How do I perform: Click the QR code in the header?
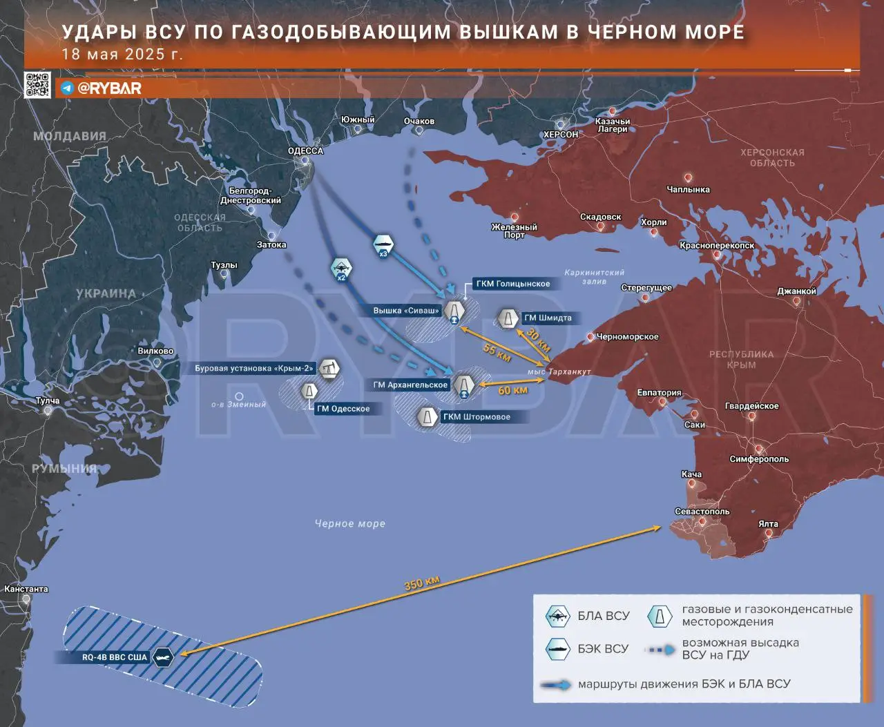37,84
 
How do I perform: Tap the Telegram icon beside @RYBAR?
67,88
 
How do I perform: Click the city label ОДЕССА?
305,151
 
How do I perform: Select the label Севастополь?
702,512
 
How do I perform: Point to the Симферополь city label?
759,459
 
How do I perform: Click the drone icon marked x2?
341,269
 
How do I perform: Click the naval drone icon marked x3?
383,246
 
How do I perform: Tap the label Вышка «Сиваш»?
406,311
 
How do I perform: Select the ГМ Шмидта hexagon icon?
508,319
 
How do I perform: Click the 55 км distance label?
496,352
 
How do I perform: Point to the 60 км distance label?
512,391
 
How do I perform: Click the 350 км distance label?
421,583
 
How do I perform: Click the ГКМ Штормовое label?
477,417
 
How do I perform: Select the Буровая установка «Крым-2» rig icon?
330,369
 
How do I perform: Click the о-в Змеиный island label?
238,405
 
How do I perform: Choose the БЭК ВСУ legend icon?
557,649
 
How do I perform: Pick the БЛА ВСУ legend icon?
557,616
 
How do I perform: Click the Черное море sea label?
350,524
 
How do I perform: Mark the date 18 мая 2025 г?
122,55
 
